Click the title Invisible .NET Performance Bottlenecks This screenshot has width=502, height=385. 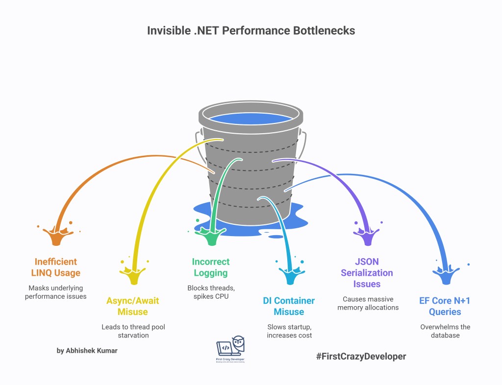251,30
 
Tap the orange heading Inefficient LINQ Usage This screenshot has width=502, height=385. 56,267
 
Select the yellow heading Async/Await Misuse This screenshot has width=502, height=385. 133,306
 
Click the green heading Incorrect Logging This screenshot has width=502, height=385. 211,267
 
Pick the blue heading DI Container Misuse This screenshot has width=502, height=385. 289,306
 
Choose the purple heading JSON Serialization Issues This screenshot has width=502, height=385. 367,273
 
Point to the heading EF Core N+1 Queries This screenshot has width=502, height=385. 445,306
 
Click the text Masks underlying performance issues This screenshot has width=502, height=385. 56,292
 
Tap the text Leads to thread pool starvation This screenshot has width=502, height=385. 133,331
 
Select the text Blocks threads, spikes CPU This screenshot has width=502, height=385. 211,292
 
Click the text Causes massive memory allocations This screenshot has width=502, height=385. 367,303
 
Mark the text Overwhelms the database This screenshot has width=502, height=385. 445,331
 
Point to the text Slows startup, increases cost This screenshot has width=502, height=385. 289,331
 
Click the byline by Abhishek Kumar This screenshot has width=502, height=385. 87,350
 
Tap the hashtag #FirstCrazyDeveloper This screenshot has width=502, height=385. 361,356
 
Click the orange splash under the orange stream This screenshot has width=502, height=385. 56,235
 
